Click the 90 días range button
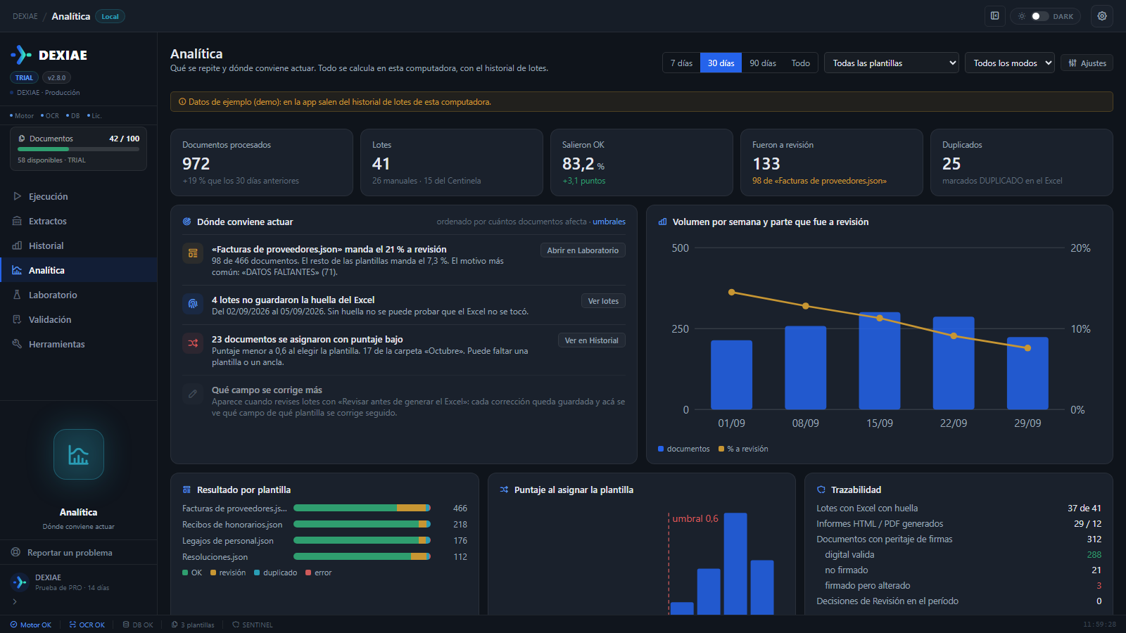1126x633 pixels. [x=763, y=63]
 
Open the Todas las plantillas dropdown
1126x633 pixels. [x=891, y=63]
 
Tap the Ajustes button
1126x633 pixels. [x=1087, y=63]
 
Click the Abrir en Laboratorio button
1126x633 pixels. [x=583, y=250]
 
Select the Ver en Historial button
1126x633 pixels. [x=591, y=340]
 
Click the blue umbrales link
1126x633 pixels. [x=609, y=222]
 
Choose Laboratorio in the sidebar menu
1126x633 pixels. [x=53, y=295]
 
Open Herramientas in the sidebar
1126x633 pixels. [x=56, y=344]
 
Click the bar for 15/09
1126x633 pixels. [x=880, y=361]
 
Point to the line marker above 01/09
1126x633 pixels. [x=731, y=293]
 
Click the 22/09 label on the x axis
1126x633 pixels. [x=954, y=423]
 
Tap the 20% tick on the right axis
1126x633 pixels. [x=1080, y=248]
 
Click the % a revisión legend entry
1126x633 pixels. [x=743, y=449]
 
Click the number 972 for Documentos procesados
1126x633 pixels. [x=196, y=164]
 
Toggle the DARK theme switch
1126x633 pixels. [x=1039, y=16]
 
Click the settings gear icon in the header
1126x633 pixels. [x=1102, y=16]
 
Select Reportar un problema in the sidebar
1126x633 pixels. [x=70, y=553]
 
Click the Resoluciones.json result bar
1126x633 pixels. [x=362, y=556]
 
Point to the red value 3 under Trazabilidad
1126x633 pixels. [x=1099, y=586]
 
